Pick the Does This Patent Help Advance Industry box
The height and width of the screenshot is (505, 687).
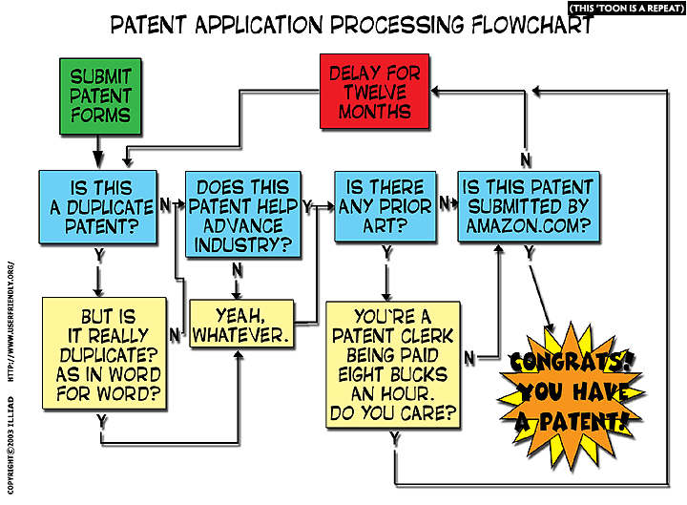coord(243,215)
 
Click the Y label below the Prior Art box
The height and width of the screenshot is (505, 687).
coord(386,254)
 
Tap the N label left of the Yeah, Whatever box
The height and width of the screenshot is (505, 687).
coord(175,334)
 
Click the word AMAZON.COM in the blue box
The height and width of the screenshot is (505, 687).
coord(528,228)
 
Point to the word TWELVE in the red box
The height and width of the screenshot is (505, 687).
coord(375,92)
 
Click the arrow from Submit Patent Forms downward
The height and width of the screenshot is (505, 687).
coord(98,149)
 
